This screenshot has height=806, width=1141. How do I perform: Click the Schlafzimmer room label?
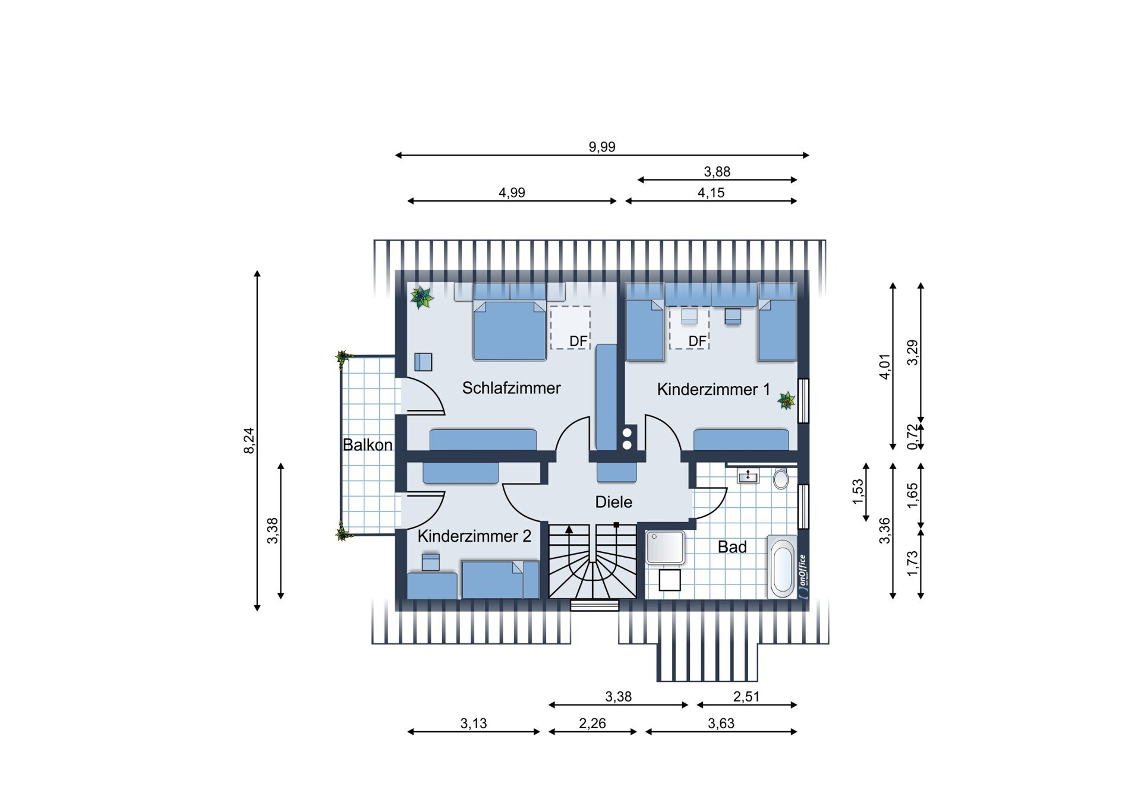tap(511, 388)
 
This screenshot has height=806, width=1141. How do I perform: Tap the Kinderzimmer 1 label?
tap(713, 390)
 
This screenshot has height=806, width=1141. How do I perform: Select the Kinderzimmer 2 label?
tap(474, 536)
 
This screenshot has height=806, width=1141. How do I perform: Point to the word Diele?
tap(613, 502)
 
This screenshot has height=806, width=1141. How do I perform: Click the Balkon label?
tap(367, 445)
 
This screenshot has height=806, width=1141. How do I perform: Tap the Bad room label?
tap(732, 547)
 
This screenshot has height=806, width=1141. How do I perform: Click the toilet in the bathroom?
tap(781, 478)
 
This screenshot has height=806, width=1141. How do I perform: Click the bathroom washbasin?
tap(748, 476)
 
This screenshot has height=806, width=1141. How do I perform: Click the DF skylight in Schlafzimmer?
tap(570, 327)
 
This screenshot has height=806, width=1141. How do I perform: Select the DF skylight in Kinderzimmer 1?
tap(689, 327)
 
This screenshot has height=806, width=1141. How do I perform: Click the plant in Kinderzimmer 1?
tap(787, 400)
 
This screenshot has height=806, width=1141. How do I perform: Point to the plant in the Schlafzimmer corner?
tap(421, 297)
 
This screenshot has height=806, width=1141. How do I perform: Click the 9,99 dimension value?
tap(602, 147)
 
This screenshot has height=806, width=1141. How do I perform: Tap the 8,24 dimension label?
tap(249, 441)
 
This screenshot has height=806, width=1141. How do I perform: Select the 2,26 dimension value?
tap(592, 723)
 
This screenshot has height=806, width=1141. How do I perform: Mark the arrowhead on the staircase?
tap(569, 529)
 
